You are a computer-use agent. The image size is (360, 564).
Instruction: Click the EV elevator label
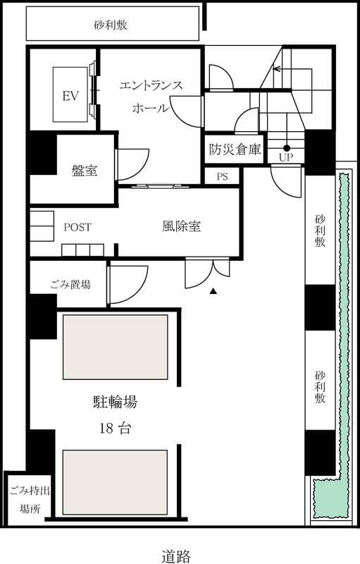pyautogui.click(x=70, y=96)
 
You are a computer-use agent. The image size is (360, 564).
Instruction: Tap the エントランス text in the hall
pyautogui.click(x=151, y=85)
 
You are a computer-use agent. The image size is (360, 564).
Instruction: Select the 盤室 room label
pyautogui.click(x=85, y=170)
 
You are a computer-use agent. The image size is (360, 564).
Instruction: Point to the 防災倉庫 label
pyautogui.click(x=235, y=149)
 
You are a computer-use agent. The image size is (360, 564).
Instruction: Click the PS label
pyautogui.click(x=223, y=177)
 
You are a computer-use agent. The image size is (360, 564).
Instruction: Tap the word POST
pyautogui.click(x=77, y=227)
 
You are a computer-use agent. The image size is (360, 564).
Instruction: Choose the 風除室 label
pyautogui.click(x=181, y=226)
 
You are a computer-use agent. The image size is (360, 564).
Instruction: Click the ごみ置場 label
pyautogui.click(x=70, y=285)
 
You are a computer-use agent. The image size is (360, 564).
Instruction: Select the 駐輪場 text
pyautogui.click(x=116, y=402)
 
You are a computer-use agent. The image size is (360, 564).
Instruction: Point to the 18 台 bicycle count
pyautogui.click(x=116, y=429)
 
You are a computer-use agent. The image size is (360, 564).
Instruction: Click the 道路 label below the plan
pyautogui.click(x=175, y=556)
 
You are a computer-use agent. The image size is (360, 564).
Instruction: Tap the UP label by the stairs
pyautogui.click(x=286, y=157)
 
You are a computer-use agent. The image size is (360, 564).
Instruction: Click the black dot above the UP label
pyautogui.click(x=287, y=147)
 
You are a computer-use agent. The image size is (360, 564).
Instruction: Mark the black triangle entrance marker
pyautogui.click(x=213, y=291)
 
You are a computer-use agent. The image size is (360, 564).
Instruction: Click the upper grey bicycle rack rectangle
pyautogui.click(x=116, y=347)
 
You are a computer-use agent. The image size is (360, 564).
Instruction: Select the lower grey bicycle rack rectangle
pyautogui.click(x=115, y=482)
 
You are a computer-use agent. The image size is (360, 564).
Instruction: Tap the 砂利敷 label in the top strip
pyautogui.click(x=111, y=25)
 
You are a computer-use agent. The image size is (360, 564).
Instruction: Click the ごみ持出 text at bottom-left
pyautogui.click(x=30, y=490)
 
